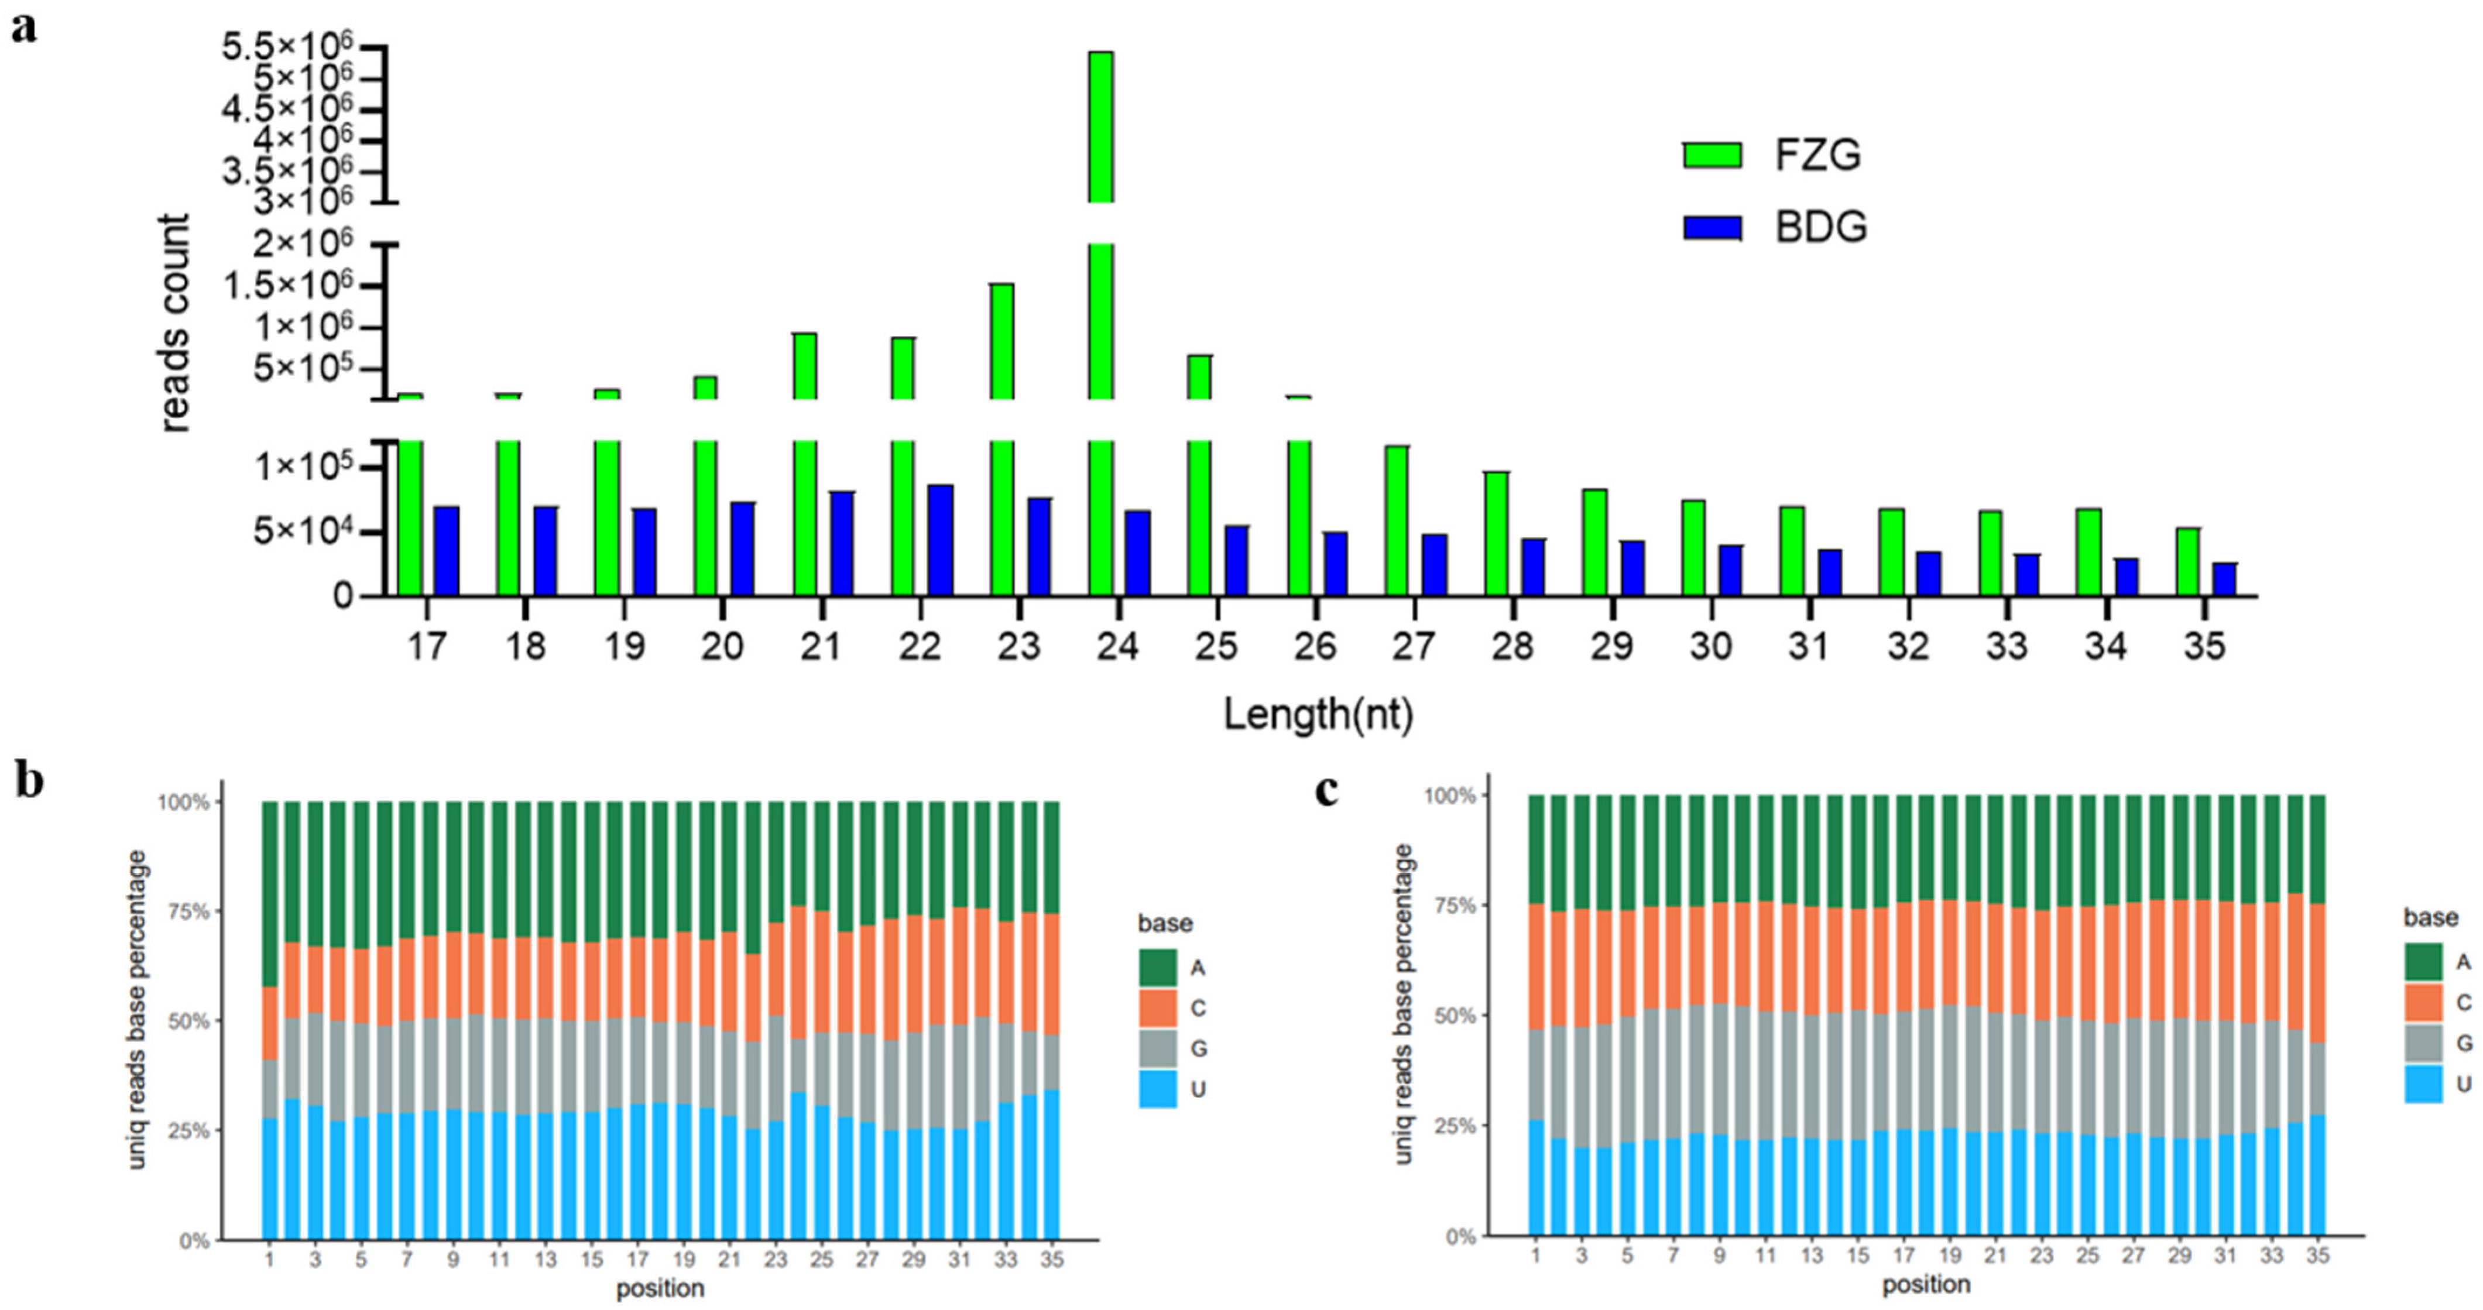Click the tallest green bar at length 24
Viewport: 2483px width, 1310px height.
1101,324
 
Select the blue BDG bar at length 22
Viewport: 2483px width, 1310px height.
941,541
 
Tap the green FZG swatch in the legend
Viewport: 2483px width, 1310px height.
1712,155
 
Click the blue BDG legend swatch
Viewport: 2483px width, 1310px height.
1712,228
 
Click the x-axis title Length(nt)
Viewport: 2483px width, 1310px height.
1318,715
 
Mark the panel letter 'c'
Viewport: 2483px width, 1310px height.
1328,790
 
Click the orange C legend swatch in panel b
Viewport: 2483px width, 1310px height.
1158,1007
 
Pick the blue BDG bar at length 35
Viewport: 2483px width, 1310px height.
2225,579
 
